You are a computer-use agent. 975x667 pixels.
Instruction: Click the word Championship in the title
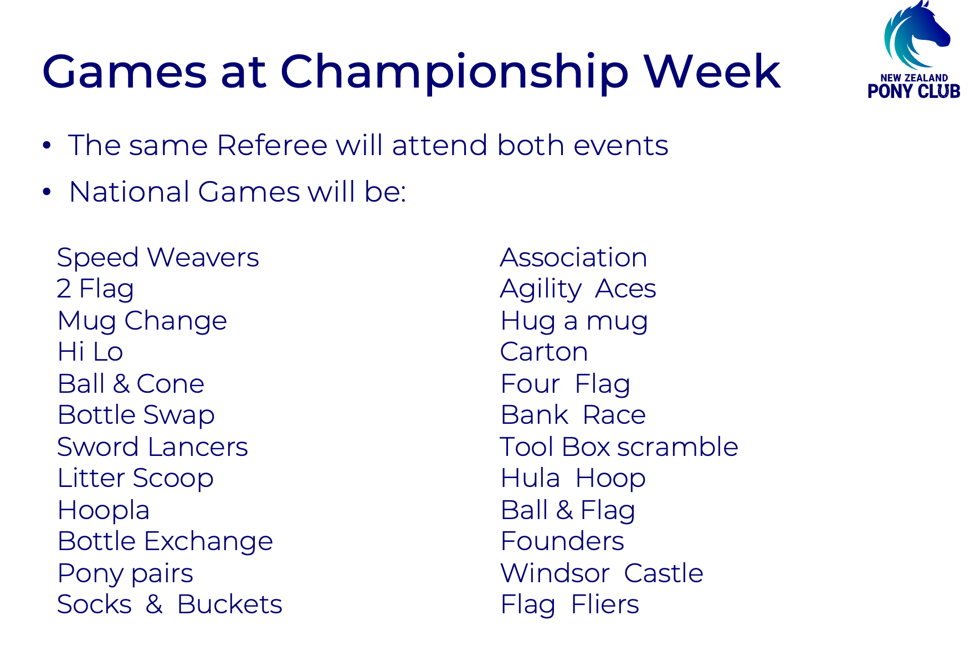point(455,72)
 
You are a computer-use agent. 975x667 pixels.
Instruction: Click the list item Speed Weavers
point(158,258)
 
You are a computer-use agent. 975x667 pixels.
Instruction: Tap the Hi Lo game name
point(90,352)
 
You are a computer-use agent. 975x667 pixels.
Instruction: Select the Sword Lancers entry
point(152,447)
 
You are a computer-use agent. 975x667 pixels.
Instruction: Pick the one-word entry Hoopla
point(104,511)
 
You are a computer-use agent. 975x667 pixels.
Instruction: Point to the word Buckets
point(230,604)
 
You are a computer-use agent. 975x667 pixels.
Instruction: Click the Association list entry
point(573,258)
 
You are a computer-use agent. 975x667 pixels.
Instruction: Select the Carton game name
point(544,352)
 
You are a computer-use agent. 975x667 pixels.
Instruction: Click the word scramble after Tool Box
point(678,447)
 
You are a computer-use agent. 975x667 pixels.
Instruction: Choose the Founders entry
point(562,541)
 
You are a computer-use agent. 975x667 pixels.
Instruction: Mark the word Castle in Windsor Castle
point(664,573)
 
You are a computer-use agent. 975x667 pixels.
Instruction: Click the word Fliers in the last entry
point(605,604)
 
